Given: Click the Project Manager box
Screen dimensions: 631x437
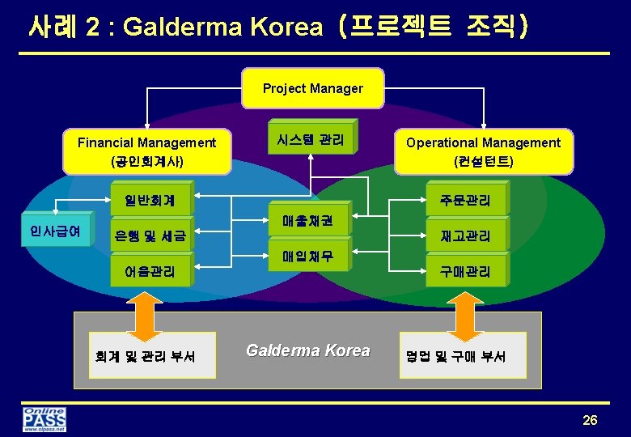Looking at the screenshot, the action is coord(313,88).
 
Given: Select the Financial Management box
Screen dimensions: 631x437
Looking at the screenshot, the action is coord(146,151).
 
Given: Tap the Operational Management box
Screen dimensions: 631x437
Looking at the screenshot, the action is coord(483,151).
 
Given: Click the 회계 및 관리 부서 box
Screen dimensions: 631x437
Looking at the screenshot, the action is coord(153,355).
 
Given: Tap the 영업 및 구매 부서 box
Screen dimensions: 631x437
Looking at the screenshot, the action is coord(462,355).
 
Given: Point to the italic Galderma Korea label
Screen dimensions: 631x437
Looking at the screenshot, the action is coord(307,350).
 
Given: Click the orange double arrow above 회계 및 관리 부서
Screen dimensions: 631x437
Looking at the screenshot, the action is coord(144,316).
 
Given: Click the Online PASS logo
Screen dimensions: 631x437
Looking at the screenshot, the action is coord(44,420).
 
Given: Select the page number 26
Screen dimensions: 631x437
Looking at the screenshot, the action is coord(590,419).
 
